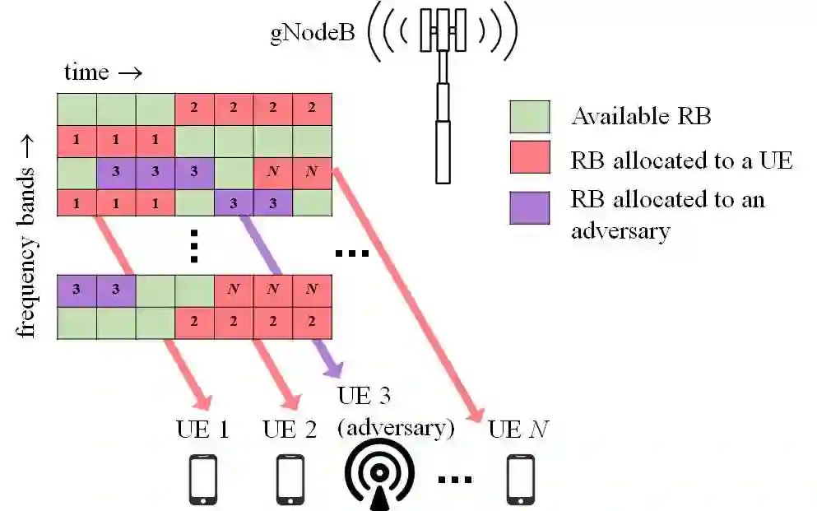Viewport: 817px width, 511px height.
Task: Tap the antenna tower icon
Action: [x=443, y=91]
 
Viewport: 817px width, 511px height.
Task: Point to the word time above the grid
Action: [x=86, y=72]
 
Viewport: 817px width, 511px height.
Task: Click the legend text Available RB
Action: [x=641, y=116]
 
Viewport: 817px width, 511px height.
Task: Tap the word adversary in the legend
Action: [x=620, y=230]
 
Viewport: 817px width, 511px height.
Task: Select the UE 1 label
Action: [x=202, y=430]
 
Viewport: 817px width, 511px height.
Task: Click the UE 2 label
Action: [x=290, y=430]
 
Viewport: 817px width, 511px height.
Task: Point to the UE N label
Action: [x=518, y=430]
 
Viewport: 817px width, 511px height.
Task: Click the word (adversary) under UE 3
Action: [x=397, y=428]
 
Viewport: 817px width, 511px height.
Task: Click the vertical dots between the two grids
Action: [x=195, y=244]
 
